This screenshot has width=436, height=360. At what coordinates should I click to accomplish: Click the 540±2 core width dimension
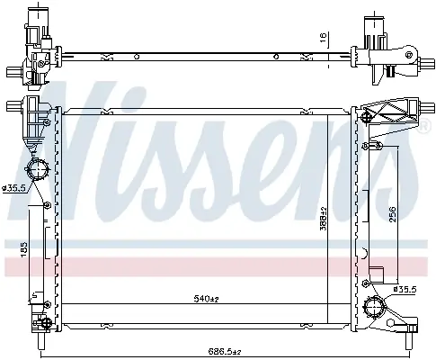[x=207, y=299]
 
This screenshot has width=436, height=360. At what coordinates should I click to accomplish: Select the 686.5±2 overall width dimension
[x=225, y=351]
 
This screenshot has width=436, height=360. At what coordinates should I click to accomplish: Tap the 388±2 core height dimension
[x=324, y=219]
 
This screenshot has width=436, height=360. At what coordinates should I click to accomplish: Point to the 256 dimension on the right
[x=393, y=214]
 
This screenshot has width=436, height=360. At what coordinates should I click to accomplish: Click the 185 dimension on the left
[x=24, y=249]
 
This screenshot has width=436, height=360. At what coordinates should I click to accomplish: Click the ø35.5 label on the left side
[x=14, y=188]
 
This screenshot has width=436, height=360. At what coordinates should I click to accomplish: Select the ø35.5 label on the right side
[x=405, y=289]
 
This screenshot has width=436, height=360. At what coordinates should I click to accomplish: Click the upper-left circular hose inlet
[x=38, y=169]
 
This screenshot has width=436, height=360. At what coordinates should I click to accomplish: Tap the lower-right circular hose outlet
[x=375, y=308]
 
